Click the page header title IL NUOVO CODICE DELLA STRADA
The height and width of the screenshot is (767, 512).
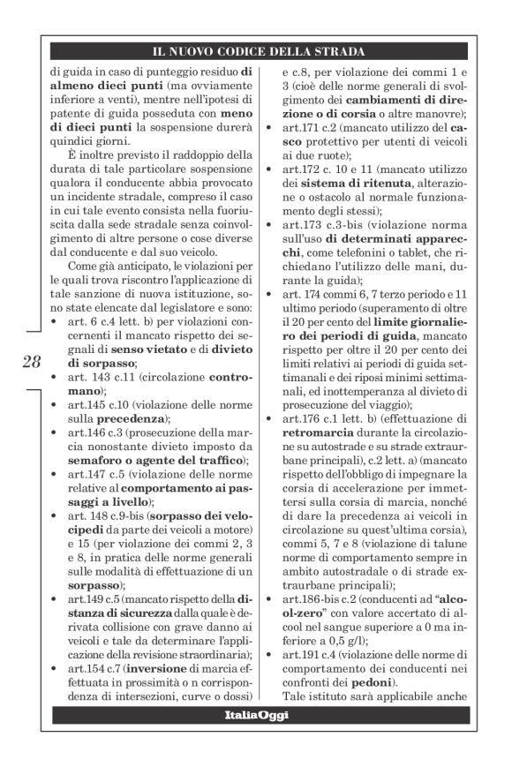(x=259, y=52)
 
